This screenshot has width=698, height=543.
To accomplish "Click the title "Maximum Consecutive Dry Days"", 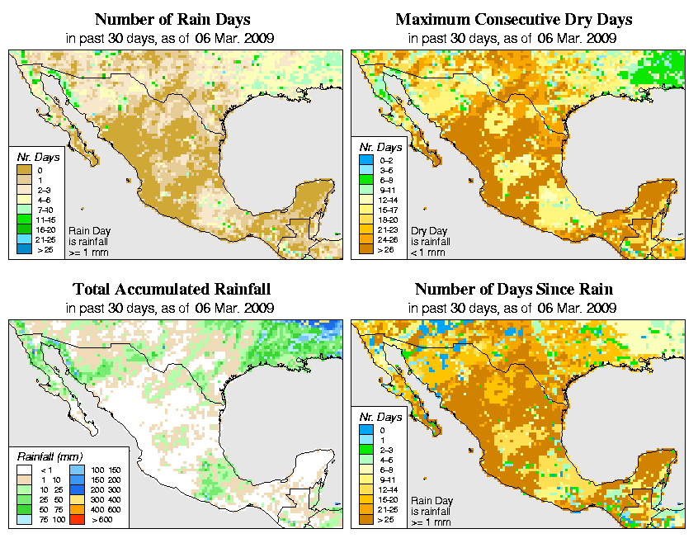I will pos(514,19).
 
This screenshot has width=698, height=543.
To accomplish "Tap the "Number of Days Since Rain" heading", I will pos(514,289).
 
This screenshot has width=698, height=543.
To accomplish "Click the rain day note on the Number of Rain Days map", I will pos(87,241).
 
